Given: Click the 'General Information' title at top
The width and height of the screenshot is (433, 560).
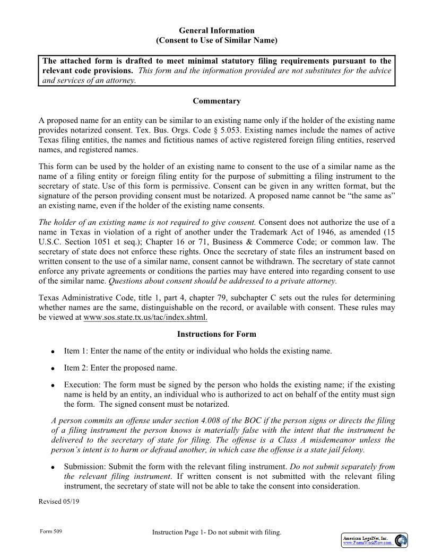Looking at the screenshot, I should [x=216, y=31].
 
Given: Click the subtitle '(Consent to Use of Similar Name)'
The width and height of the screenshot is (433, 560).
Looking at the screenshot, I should [x=216, y=40].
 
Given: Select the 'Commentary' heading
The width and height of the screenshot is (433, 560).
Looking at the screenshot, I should [x=216, y=101].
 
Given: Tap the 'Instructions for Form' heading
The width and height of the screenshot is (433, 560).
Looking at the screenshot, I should [x=216, y=334].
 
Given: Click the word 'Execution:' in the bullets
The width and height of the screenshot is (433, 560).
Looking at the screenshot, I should [x=82, y=384].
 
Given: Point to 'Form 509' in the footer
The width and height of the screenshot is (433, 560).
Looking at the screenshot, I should [x=51, y=531].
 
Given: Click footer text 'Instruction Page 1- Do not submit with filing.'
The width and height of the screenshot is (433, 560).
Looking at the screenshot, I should [x=216, y=532].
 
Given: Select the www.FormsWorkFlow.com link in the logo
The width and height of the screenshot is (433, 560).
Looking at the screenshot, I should [x=368, y=543].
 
